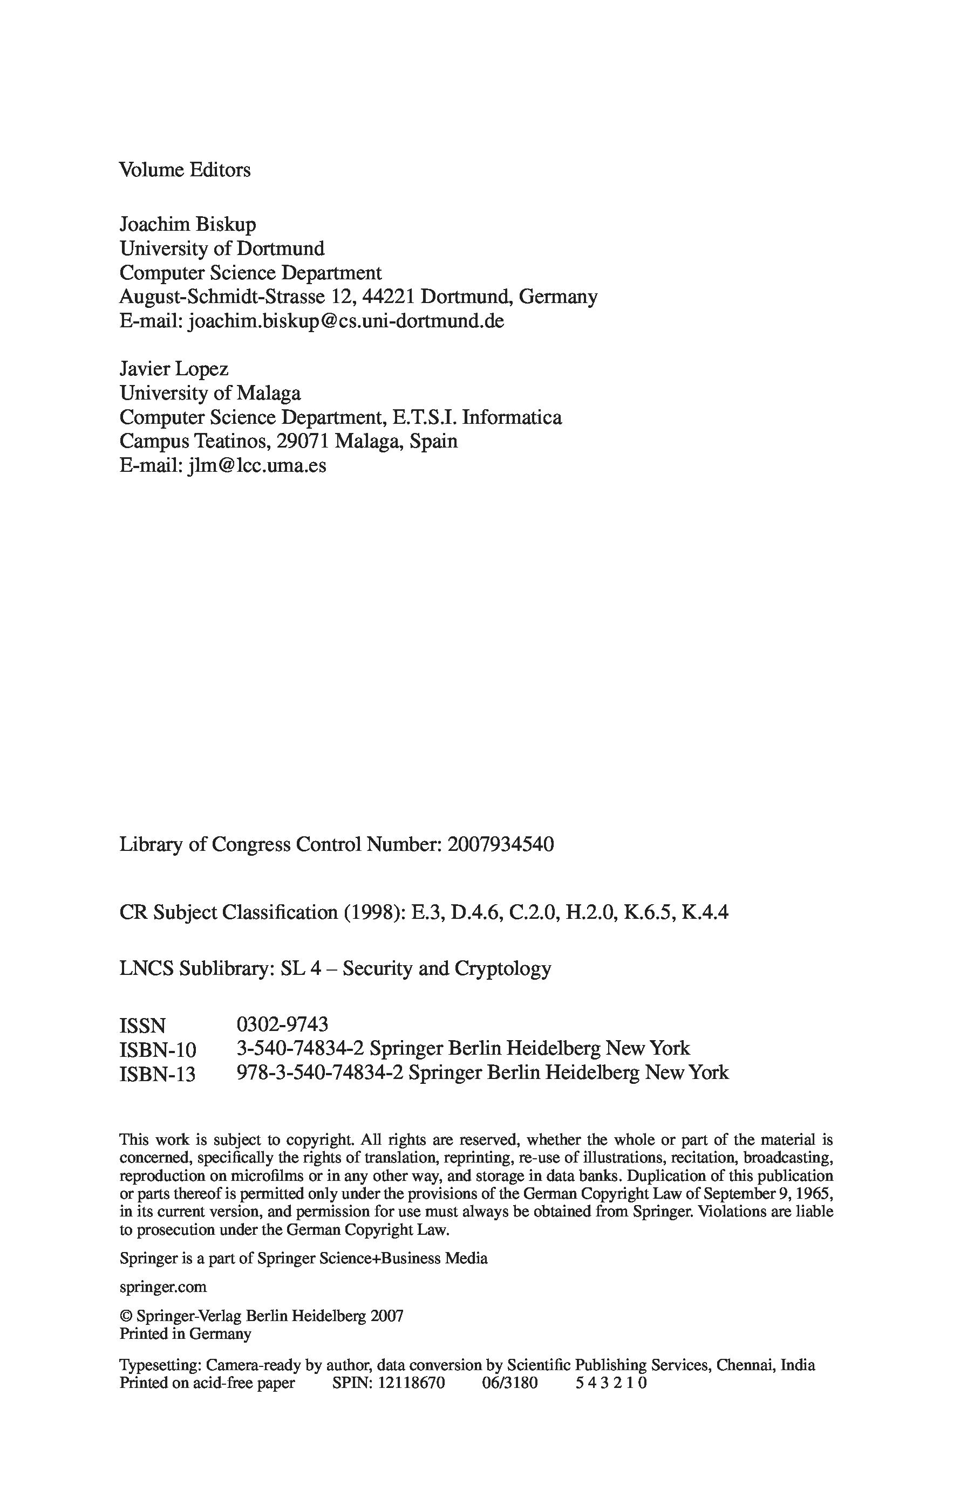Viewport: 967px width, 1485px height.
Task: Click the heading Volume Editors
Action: pyautogui.click(x=185, y=170)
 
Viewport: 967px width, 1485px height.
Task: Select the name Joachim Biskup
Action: pyautogui.click(x=187, y=225)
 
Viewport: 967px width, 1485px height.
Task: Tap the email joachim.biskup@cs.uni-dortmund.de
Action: pyautogui.click(x=345, y=321)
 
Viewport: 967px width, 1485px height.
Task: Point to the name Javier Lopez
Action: pyautogui.click(x=174, y=369)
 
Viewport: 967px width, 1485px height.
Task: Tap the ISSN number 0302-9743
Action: pyautogui.click(x=282, y=1025)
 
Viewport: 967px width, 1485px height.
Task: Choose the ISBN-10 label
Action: pyautogui.click(x=158, y=1050)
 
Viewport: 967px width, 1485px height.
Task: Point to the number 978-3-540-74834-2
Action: pyautogui.click(x=320, y=1073)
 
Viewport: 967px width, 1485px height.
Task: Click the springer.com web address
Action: pyautogui.click(x=162, y=1287)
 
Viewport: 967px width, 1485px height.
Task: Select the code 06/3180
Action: pyautogui.click(x=509, y=1383)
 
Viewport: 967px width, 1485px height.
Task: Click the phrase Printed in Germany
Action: pyautogui.click(x=185, y=1334)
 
